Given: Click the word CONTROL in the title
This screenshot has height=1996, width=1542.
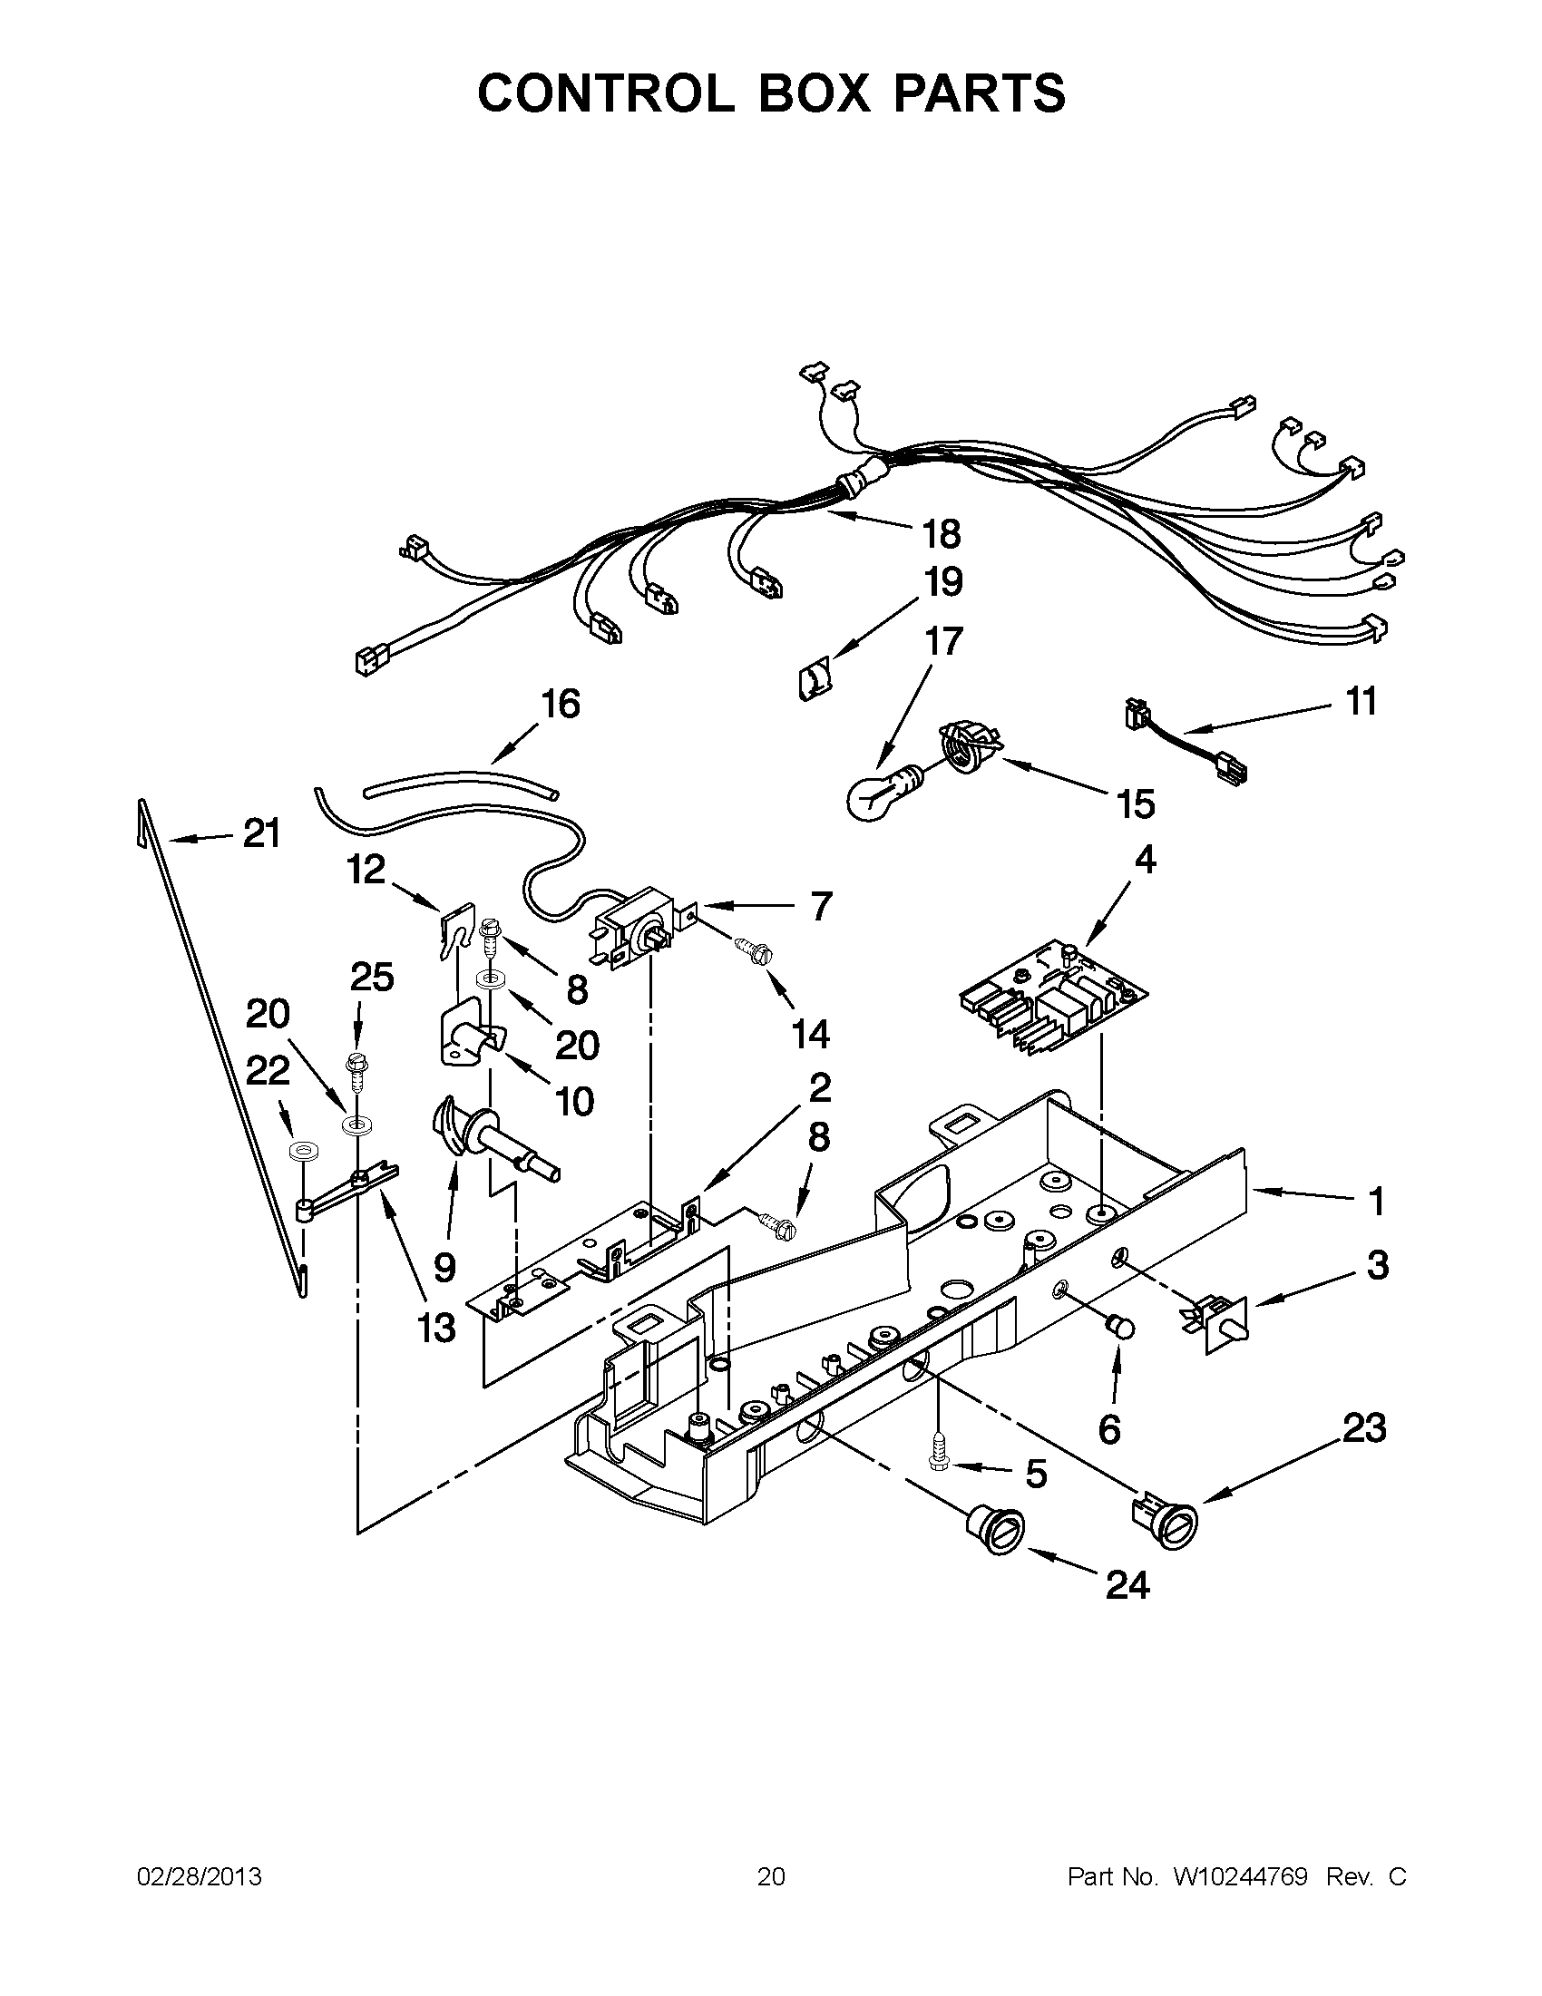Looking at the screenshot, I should [606, 93].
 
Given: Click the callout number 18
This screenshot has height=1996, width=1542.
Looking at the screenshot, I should [942, 534].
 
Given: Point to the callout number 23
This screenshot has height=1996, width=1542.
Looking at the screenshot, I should [1363, 1427].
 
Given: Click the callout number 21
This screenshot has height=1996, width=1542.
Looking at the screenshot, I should [261, 834].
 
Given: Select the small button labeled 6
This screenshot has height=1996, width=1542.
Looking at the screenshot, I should [1119, 1326].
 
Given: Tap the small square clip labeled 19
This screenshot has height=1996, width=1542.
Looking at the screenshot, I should [813, 680].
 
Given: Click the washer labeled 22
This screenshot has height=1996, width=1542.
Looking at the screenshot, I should [299, 1153].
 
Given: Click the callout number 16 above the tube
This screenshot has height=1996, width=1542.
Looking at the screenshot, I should [560, 704].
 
